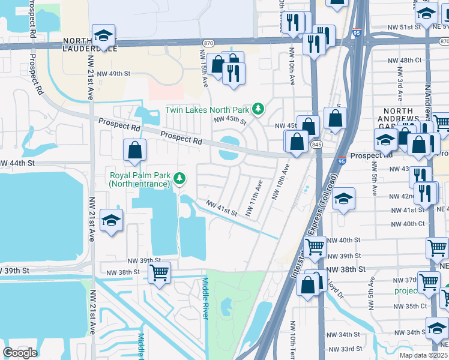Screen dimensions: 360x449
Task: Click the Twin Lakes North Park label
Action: [207, 110]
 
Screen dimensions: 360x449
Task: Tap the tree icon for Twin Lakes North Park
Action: [258, 109]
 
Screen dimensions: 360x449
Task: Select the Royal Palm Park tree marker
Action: [179, 178]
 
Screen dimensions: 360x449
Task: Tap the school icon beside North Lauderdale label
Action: [103, 37]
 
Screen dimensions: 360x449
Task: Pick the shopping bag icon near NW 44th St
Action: [135, 151]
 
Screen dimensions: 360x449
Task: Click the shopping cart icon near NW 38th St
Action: [159, 274]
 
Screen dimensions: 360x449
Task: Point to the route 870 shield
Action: [208, 43]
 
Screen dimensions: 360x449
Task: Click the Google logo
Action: [20, 352]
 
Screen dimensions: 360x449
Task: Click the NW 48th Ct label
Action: [412, 61]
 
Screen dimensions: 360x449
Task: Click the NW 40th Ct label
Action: [408, 224]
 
